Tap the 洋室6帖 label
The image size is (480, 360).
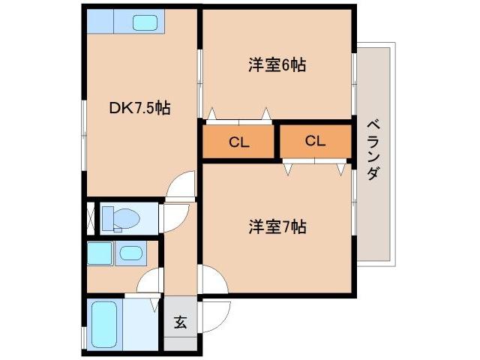(x=277, y=65)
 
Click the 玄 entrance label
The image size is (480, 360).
(x=180, y=323)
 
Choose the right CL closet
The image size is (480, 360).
(x=315, y=140)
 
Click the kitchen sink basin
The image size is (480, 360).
(x=144, y=22)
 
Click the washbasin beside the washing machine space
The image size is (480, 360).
(x=132, y=253)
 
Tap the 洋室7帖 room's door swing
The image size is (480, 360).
(x=212, y=279)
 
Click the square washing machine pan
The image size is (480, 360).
(x=99, y=253)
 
